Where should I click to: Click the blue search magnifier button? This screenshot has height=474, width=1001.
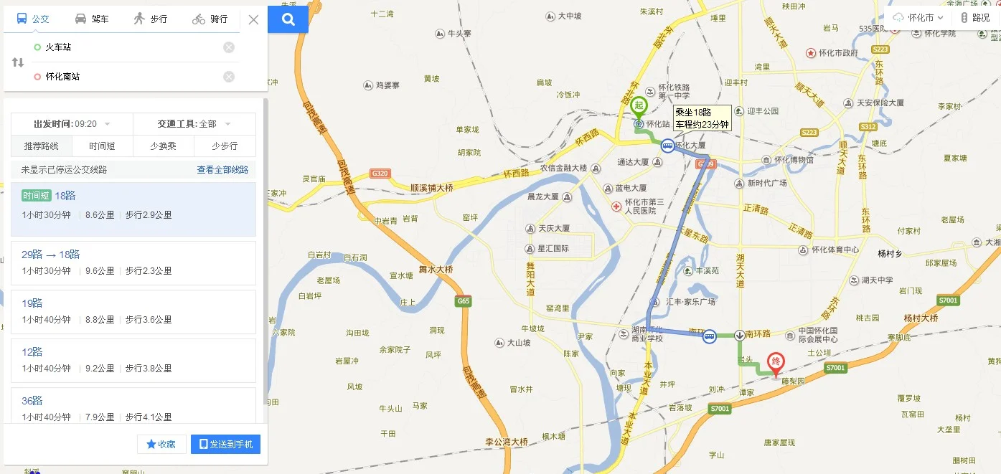click(x=288, y=19)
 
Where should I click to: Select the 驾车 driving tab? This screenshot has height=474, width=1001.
click(x=92, y=19)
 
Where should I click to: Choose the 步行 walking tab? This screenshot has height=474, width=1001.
click(x=150, y=19)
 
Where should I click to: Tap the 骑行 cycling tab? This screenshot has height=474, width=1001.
click(x=210, y=19)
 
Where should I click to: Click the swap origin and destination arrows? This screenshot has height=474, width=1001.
click(x=18, y=62)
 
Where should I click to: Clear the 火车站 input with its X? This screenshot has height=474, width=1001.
click(x=229, y=47)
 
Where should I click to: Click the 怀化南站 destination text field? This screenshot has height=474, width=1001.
click(x=129, y=77)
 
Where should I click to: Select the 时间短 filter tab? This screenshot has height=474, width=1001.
click(x=103, y=146)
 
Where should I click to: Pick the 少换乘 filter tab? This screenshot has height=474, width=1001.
click(x=164, y=146)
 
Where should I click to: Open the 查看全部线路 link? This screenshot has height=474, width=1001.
click(x=222, y=170)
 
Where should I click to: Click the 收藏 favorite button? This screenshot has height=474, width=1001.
click(x=161, y=445)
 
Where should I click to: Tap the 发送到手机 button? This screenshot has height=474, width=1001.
click(x=225, y=445)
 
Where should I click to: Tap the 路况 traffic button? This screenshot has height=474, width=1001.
click(x=975, y=18)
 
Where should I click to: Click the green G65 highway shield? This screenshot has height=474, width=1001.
click(x=464, y=301)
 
